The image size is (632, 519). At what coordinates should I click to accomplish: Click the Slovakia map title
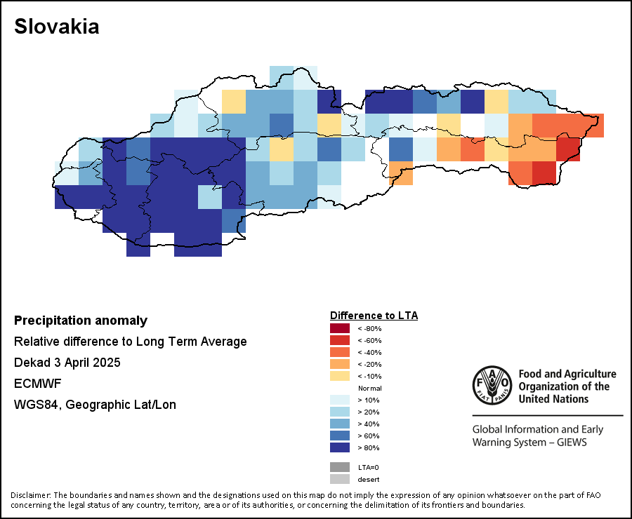56,27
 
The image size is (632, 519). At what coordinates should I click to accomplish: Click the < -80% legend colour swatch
340,328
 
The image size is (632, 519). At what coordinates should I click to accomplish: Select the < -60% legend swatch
340,340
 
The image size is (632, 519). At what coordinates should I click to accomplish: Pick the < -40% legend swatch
340,352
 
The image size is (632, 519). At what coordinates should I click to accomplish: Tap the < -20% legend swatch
340,364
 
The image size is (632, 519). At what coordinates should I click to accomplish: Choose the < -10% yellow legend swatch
340,376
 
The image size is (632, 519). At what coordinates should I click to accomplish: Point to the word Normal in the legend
369,388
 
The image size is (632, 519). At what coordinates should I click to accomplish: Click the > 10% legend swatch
340,400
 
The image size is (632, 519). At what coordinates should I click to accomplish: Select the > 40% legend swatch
340,424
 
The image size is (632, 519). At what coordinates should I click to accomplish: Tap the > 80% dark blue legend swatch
340,447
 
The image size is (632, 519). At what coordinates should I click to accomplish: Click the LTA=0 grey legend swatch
340,467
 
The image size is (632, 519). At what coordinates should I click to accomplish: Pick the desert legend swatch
340,479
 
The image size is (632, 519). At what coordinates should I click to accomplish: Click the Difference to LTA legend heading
374,316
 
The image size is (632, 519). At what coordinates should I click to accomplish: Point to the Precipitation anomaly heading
81,321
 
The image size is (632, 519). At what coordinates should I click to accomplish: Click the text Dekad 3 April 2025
67,363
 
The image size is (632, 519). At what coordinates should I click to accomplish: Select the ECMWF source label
37,384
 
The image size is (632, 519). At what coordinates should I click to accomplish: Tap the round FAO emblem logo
492,385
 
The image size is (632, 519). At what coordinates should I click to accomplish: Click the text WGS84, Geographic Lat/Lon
95,404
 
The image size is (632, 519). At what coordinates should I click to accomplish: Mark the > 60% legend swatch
340,436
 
